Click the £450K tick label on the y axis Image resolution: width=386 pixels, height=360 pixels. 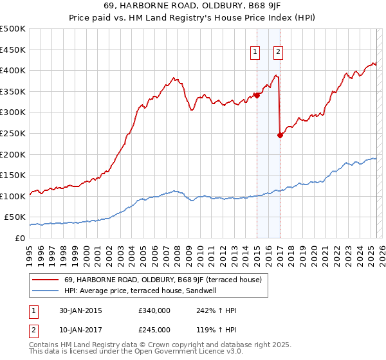(x=13, y=50)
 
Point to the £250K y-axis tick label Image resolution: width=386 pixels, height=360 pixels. (x=13, y=133)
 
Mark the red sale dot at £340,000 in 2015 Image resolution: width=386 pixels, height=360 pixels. (x=257, y=95)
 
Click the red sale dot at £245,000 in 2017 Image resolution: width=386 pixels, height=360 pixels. (x=280, y=135)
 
